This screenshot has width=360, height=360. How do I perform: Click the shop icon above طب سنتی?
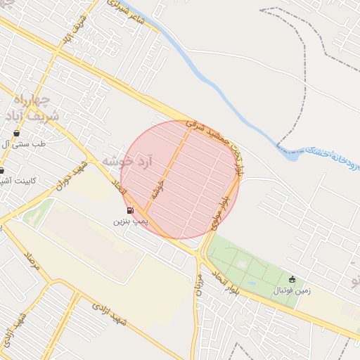(x=16, y=132)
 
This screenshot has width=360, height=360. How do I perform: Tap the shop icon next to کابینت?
(x=1, y=170)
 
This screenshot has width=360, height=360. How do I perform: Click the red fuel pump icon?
(x=130, y=210)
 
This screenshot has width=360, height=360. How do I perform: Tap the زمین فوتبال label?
(x=292, y=290)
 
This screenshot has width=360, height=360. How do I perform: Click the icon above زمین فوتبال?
(x=292, y=279)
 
